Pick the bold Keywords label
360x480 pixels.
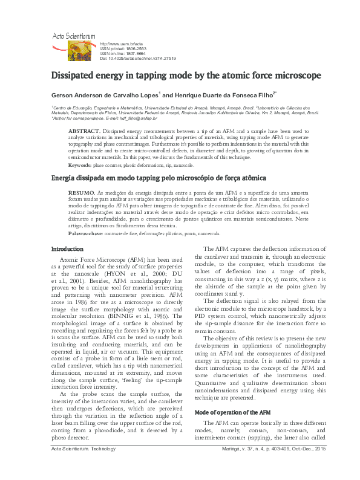tap(79, 165)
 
